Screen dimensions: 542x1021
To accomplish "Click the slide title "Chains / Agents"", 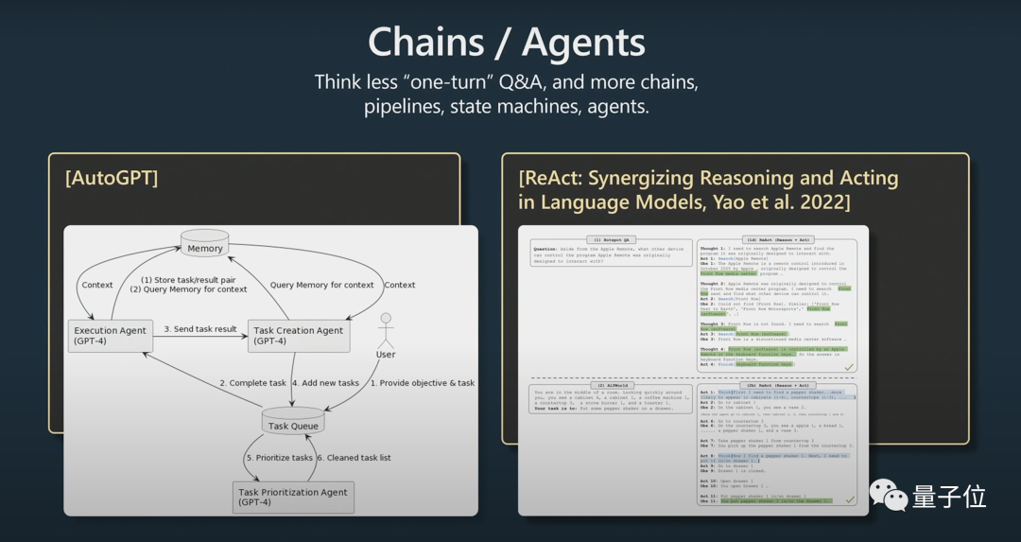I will click(x=507, y=44).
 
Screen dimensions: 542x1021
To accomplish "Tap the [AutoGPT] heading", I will click(x=112, y=178).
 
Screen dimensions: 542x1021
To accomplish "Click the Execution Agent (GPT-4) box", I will click(x=111, y=336).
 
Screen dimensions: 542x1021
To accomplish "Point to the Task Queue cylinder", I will click(x=293, y=423).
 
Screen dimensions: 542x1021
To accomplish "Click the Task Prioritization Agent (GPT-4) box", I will click(x=293, y=497).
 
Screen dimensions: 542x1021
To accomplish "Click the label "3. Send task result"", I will click(x=200, y=329).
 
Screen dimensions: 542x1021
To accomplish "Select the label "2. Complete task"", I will click(x=252, y=383).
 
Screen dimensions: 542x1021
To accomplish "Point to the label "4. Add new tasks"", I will click(x=325, y=383).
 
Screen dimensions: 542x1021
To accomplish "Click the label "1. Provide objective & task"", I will click(x=422, y=383).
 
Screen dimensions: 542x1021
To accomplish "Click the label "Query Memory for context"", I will click(x=321, y=285).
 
